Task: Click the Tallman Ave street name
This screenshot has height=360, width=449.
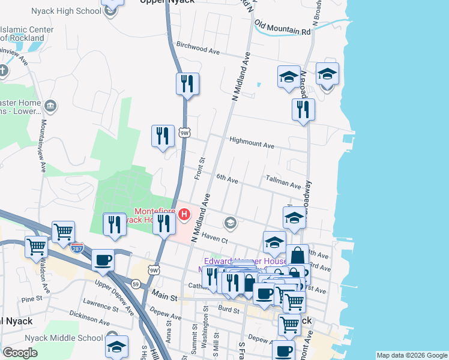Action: coord(283,184)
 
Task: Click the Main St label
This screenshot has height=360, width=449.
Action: coord(166,296)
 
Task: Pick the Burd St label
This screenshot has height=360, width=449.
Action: coord(229,309)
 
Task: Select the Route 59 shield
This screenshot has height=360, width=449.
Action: coord(137,283)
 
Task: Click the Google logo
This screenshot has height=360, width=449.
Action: coord(20,353)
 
